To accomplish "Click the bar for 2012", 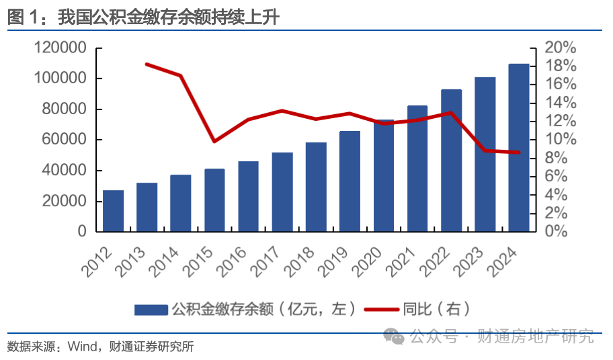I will [113, 211].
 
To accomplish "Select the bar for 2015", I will [214, 200].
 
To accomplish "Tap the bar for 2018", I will [316, 187].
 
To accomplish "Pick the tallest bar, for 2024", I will [518, 148].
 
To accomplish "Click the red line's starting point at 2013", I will [147, 64].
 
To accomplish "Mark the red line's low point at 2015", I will [214, 141].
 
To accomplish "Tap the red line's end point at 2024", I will [518, 152].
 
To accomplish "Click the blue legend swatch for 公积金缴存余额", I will [151, 310].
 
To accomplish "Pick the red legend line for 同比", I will [382, 310].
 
